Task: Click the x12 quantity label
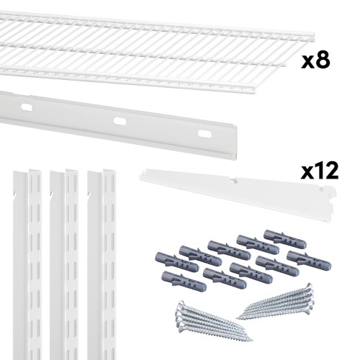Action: [x=320, y=171]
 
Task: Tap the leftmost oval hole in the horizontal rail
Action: [x=27, y=107]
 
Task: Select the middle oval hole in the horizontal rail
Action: [x=120, y=121]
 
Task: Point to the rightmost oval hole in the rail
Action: [x=204, y=134]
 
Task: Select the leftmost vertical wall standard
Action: [x=27, y=264]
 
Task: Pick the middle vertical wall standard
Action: [x=64, y=264]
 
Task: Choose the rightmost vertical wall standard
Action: [x=102, y=264]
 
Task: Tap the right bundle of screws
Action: [x=276, y=302]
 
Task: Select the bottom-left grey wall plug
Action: [x=184, y=281]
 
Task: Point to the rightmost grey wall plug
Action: [x=309, y=260]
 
